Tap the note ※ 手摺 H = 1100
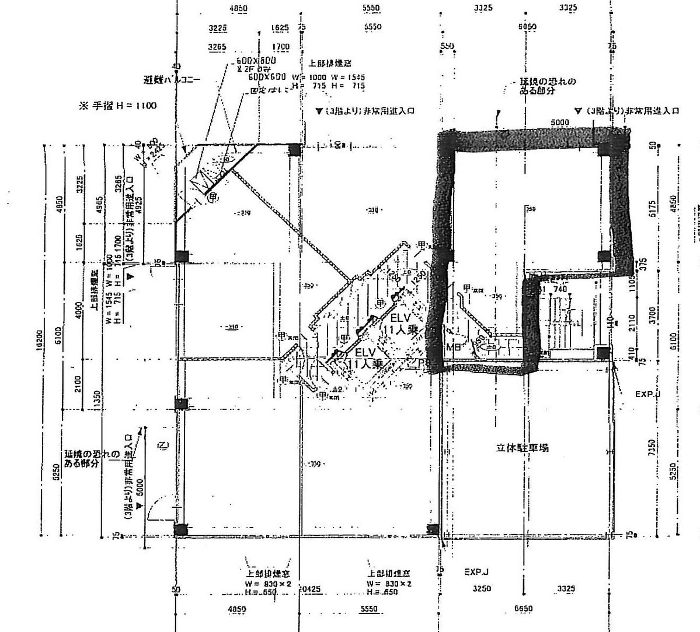point(117,106)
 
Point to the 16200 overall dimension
point(40,339)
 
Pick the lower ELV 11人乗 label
point(365,358)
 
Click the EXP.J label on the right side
point(647,394)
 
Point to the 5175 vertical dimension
point(652,209)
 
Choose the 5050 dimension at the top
point(527,27)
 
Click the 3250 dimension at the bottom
point(483,589)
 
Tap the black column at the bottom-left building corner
point(181,529)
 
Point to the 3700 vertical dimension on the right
point(652,314)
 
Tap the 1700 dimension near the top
point(280,47)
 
